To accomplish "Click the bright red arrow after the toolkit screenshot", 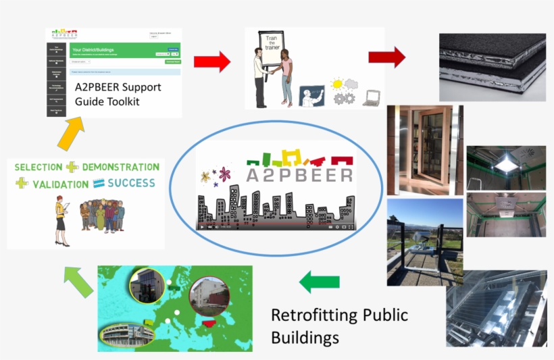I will (211, 62).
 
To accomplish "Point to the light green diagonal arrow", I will (77, 281).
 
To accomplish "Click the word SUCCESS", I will (130, 182).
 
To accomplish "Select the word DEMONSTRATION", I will (121, 167).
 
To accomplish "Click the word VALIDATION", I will (60, 183).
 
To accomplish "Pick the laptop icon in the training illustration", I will (371, 98).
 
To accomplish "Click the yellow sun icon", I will (336, 84).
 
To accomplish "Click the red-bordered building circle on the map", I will (209, 295).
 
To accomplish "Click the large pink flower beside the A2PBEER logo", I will (225, 174).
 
